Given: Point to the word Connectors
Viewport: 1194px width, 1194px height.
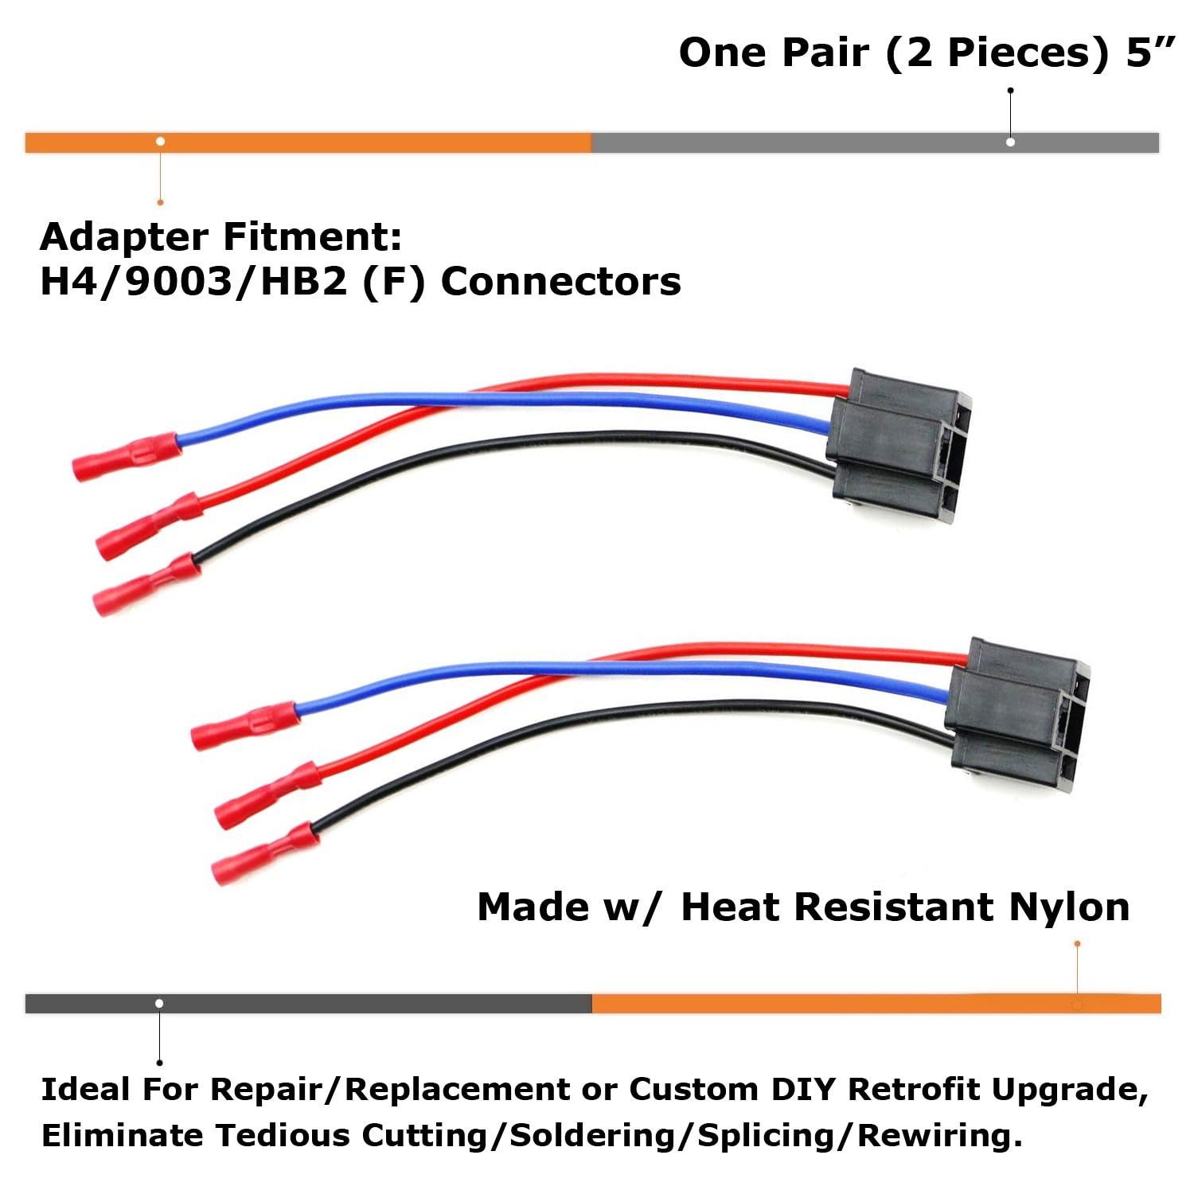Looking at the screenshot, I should (560, 282).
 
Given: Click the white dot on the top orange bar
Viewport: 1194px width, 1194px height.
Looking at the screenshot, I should (161, 142).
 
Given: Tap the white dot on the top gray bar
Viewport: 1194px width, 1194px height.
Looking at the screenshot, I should (1010, 142).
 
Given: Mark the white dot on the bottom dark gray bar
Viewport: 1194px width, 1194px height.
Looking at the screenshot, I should (159, 1003).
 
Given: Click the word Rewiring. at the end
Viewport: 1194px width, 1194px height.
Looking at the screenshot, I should (939, 1136).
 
